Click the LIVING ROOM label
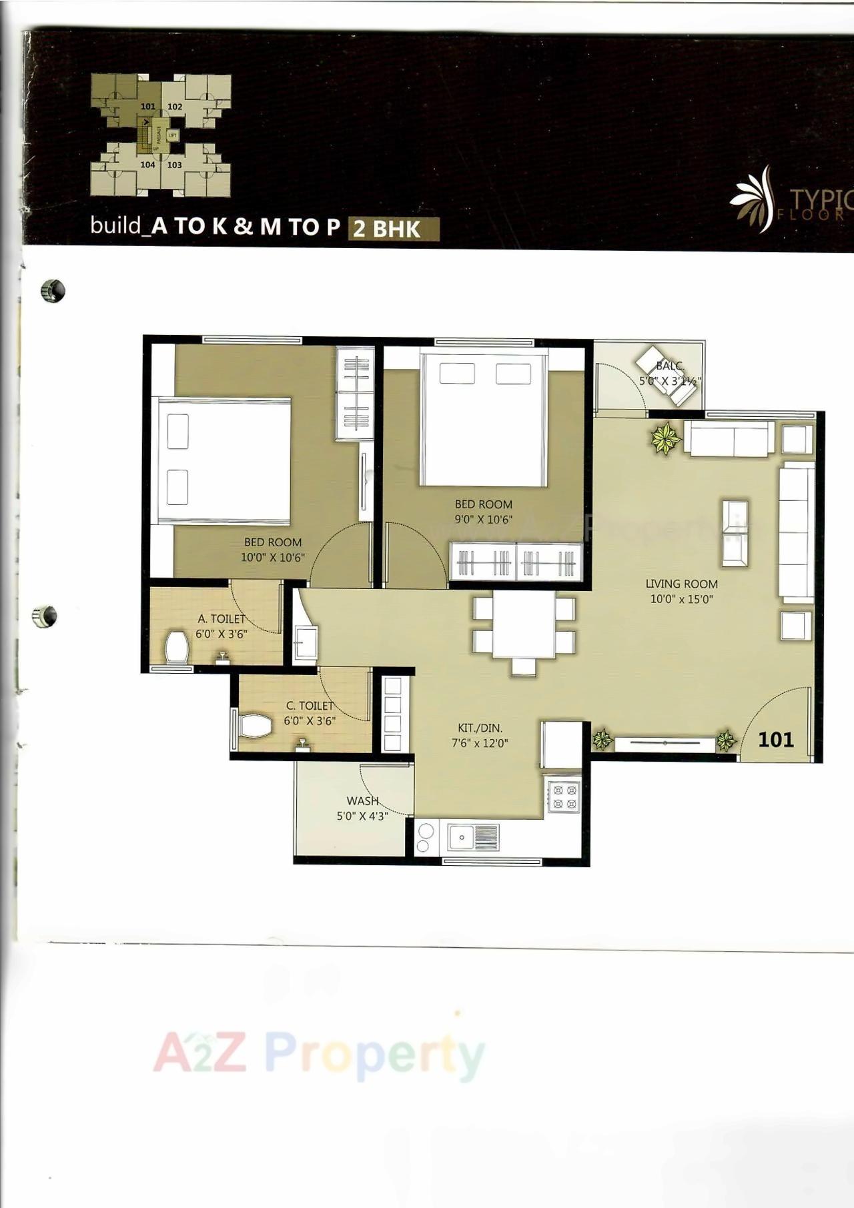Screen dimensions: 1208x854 681,584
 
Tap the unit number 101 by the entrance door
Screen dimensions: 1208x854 776,739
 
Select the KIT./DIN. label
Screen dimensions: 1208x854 480,728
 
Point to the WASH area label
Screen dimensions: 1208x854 362,800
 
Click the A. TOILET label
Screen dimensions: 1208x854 222,619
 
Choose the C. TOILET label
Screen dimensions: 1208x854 310,706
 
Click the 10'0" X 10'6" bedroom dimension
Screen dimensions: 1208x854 273,557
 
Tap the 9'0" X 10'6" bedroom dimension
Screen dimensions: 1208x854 483,519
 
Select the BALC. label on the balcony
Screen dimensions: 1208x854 670,366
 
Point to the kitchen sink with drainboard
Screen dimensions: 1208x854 473,836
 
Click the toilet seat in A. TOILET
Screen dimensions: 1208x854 177,647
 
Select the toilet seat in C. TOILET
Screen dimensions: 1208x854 255,726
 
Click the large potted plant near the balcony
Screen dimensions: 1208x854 665,438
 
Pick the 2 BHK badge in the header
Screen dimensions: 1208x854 387,229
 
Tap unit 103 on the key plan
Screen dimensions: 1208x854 175,165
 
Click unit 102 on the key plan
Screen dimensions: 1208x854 175,107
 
